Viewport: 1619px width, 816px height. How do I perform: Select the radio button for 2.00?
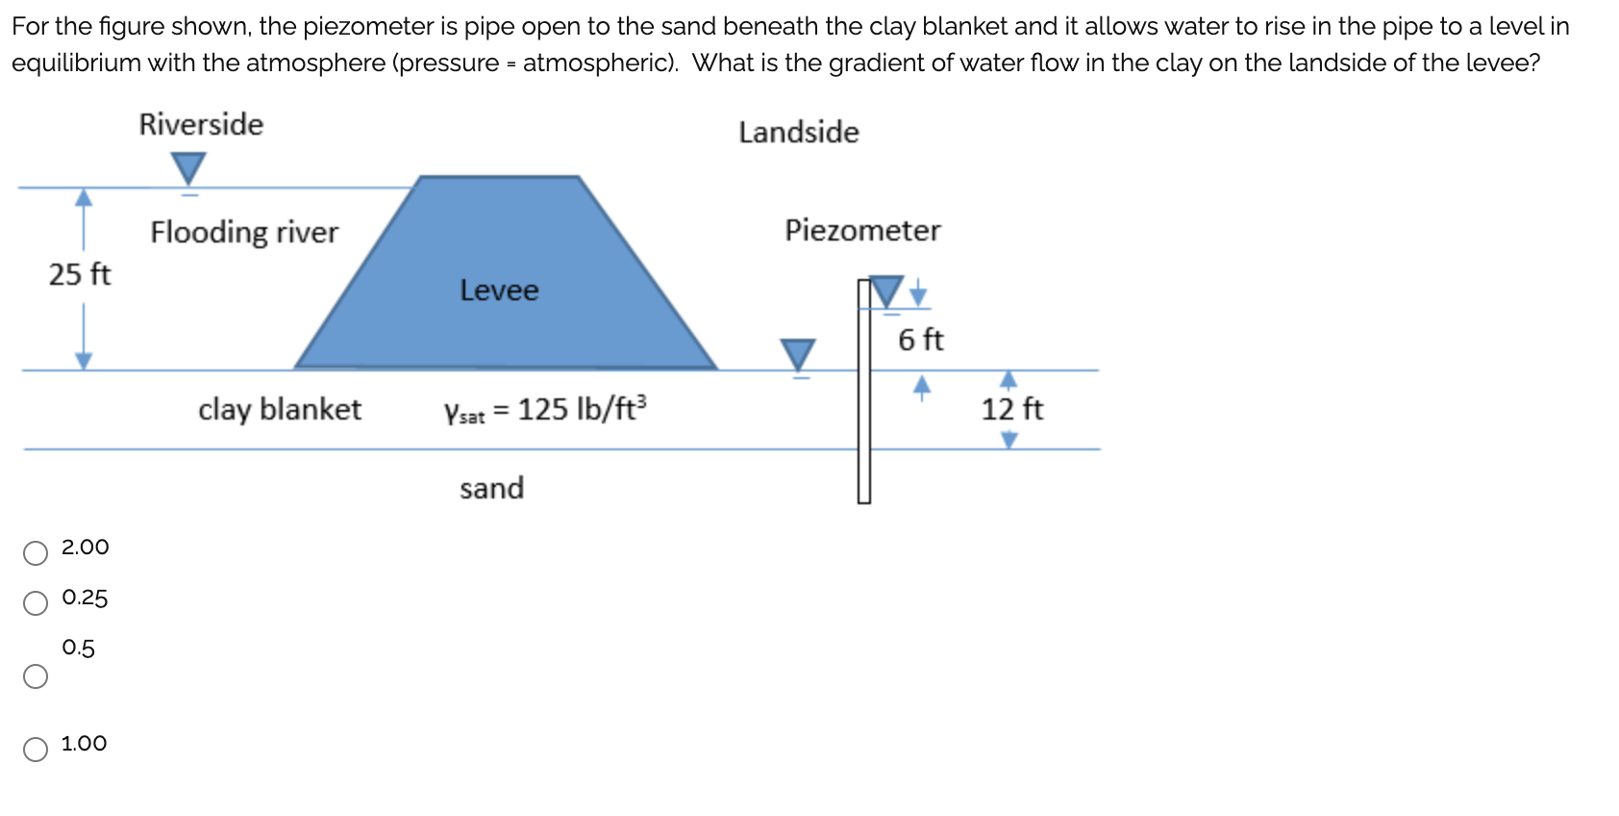click(36, 552)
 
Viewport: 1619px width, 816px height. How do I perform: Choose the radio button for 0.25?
click(36, 603)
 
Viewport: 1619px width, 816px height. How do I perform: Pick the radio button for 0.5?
click(36, 676)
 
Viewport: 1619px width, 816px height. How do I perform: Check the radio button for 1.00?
click(36, 750)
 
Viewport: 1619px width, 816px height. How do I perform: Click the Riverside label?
click(201, 124)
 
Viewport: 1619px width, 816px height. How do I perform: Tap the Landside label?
click(798, 132)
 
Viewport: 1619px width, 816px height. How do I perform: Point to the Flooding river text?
click(244, 232)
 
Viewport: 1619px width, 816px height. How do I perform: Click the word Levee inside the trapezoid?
click(499, 290)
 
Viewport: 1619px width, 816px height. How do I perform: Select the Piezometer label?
click(862, 230)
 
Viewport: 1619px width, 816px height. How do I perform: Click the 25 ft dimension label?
click(80, 274)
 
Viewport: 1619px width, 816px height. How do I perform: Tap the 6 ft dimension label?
click(920, 340)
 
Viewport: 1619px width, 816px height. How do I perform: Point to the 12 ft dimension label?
click(1011, 409)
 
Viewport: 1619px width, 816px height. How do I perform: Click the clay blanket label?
click(280, 409)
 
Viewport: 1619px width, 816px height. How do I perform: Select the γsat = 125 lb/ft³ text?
click(545, 409)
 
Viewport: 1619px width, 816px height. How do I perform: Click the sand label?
click(491, 488)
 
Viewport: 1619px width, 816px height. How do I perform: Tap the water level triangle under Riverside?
click(188, 168)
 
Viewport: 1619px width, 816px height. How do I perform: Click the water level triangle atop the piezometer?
click(886, 292)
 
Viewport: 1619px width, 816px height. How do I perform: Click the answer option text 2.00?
click(85, 547)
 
